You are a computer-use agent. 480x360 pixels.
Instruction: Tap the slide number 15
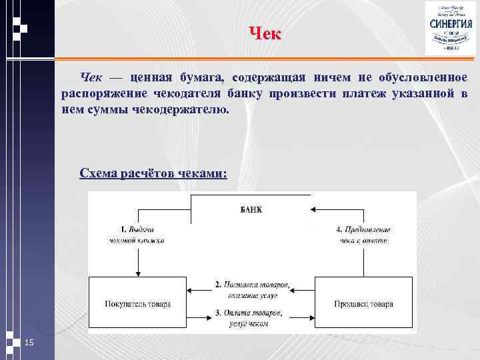29,343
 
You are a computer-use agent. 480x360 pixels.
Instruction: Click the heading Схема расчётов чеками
153,173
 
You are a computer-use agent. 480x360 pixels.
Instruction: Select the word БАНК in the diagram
251,209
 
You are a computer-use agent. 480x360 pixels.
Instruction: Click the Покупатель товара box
138,304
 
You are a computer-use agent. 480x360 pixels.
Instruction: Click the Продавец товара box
363,304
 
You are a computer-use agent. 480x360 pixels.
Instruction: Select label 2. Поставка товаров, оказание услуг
251,289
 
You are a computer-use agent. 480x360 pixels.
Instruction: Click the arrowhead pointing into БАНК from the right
313,209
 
